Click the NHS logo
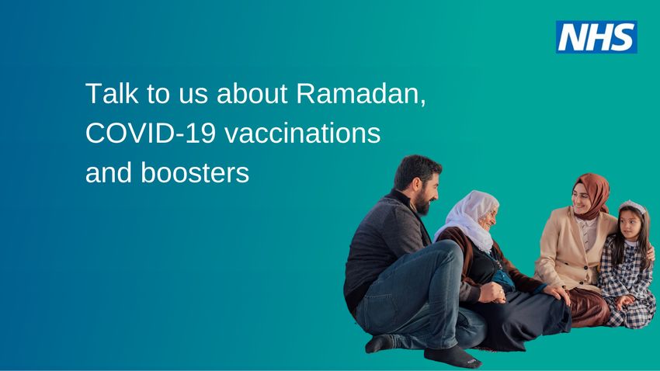(x=596, y=37)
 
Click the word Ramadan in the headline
(x=361, y=93)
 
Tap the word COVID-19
(x=151, y=133)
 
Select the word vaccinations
(x=303, y=133)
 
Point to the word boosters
(x=195, y=172)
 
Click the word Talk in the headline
(x=112, y=93)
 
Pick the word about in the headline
(x=252, y=93)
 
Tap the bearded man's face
(x=426, y=193)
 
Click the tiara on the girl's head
(x=632, y=206)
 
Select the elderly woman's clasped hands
(x=492, y=293)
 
